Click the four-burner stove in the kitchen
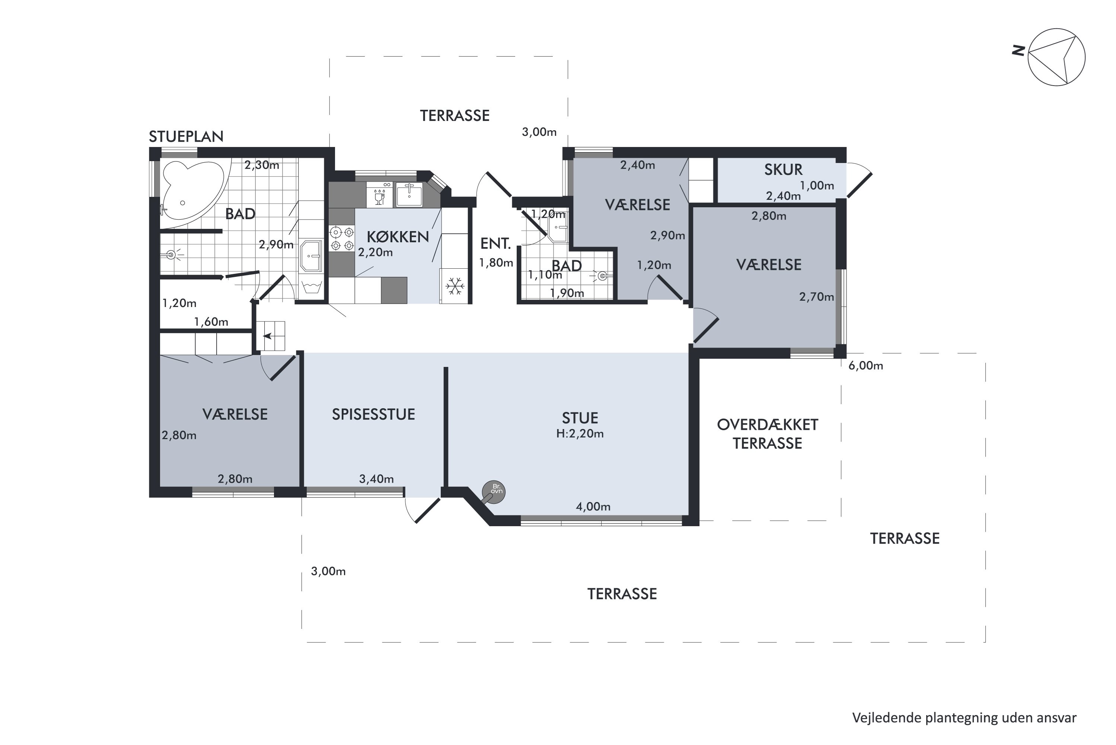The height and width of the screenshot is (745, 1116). coord(342,239)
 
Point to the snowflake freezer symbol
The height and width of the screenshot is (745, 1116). coord(455,286)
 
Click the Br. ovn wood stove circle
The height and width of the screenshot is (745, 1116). coord(493,492)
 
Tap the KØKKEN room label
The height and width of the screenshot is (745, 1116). coord(398,237)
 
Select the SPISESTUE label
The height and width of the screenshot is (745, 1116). coord(374,414)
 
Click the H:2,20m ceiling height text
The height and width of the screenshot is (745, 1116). coord(580,433)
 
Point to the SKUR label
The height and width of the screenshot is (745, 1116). coord(783,170)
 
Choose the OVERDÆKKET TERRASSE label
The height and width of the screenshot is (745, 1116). coord(768,434)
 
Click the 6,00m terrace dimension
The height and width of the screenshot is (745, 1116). coord(865,366)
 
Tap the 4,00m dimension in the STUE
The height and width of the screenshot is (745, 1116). coord(593,506)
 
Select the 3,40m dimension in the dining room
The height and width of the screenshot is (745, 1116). coord(376,479)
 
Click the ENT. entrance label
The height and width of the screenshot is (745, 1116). coord(495,244)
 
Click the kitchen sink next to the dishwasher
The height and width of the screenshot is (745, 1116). coord(409,194)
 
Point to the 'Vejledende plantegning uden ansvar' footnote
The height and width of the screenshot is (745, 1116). coord(964,718)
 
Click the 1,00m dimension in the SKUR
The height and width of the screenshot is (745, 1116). coord(817,185)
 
